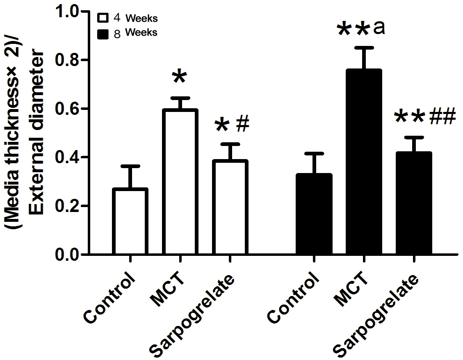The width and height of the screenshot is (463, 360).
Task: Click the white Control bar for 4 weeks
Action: (x=130, y=221)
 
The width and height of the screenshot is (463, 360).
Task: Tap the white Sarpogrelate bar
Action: (x=230, y=207)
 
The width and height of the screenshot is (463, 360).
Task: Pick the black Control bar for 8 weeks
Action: (x=314, y=214)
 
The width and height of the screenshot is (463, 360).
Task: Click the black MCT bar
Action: (x=364, y=162)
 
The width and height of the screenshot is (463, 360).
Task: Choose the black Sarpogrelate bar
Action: (x=414, y=203)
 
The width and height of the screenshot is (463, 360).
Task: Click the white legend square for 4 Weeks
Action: (x=103, y=18)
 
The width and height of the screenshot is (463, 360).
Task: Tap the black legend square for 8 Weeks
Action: (x=103, y=33)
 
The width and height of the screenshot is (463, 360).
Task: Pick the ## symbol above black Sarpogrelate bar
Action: (x=442, y=116)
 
